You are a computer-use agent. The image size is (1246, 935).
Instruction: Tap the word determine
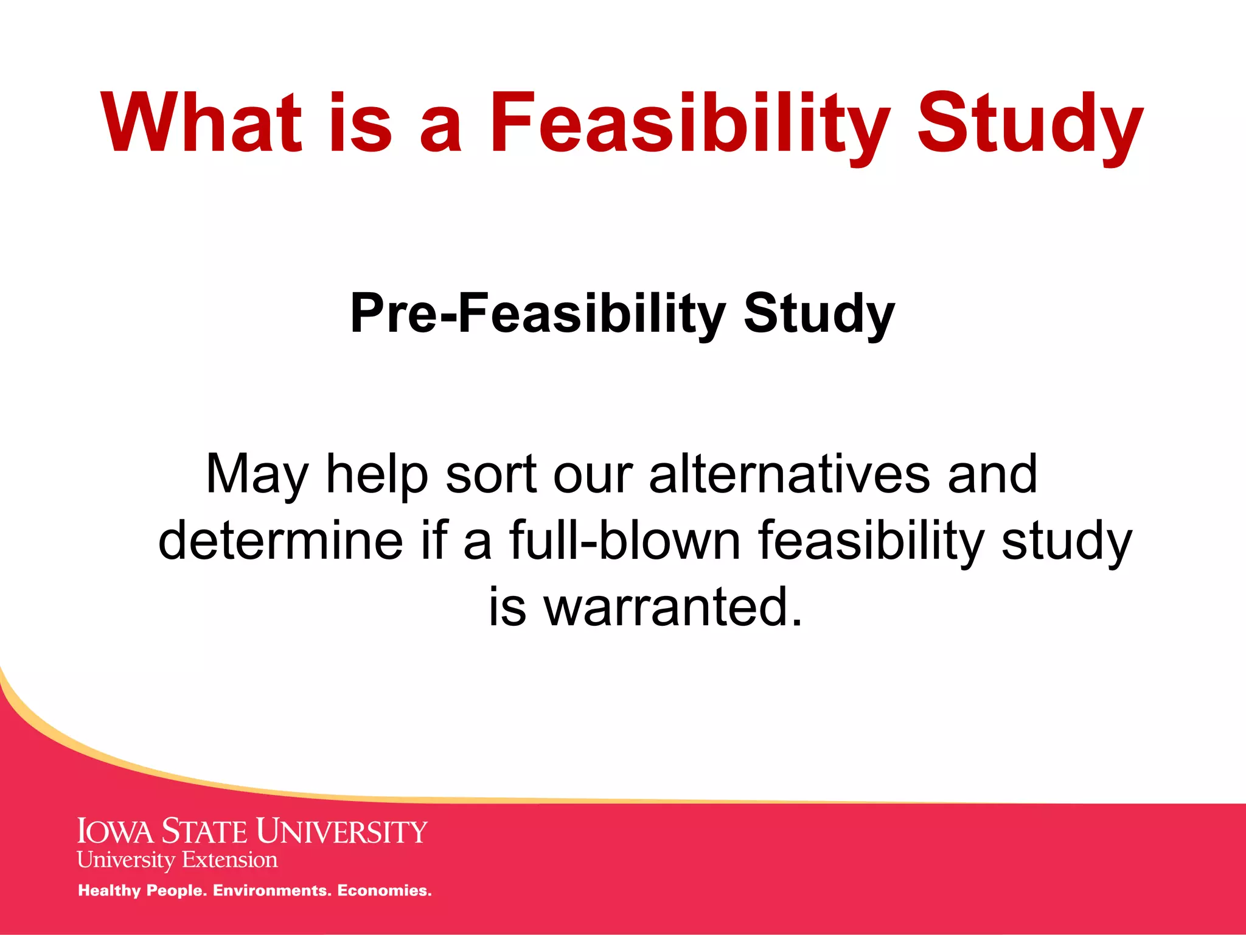pos(280,540)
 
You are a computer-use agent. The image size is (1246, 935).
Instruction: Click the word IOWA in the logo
pos(116,832)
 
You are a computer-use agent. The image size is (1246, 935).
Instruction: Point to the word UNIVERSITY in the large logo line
pos(341,832)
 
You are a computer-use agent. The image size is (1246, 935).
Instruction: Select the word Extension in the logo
pos(229,860)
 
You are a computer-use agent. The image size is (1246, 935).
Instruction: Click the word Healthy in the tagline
pos(110,891)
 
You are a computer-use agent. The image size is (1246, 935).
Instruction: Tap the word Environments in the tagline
pos(270,891)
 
